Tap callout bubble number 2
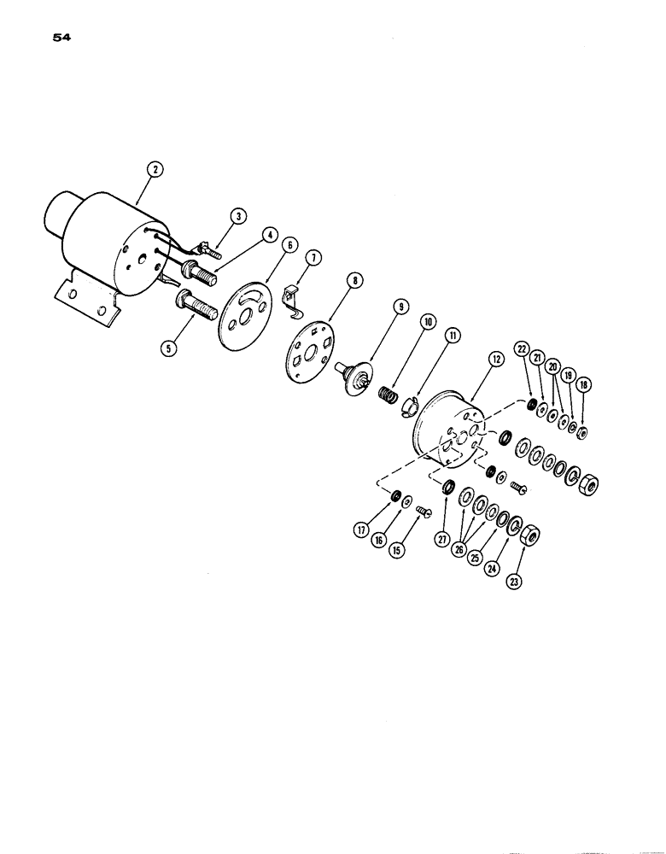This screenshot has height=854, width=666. [x=154, y=169]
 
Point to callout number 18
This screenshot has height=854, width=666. [x=583, y=385]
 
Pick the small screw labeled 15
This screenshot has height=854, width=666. [x=424, y=513]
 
